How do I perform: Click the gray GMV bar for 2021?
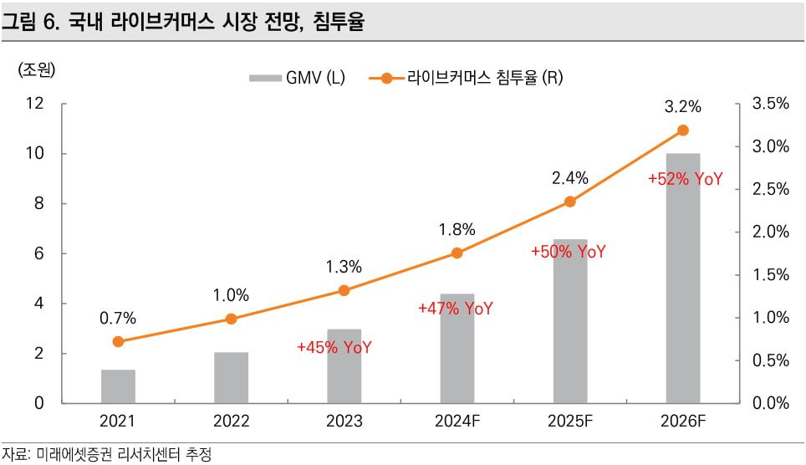[118, 386]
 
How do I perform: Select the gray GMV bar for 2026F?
[682, 284]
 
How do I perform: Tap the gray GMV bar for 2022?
[231, 378]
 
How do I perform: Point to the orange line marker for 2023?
[344, 290]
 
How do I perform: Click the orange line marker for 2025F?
[570, 202]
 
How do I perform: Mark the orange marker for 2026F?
[682, 130]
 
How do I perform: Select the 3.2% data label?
[682, 107]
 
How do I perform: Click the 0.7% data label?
[118, 318]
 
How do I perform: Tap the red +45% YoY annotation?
[334, 347]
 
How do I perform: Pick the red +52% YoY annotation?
[685, 179]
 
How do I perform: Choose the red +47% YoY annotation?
[456, 309]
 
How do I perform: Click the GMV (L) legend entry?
[296, 79]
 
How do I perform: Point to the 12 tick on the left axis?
[35, 104]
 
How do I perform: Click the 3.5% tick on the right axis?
[771, 104]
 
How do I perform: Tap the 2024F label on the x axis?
[457, 421]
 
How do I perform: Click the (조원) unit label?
[37, 70]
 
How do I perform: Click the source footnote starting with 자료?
[106, 454]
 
